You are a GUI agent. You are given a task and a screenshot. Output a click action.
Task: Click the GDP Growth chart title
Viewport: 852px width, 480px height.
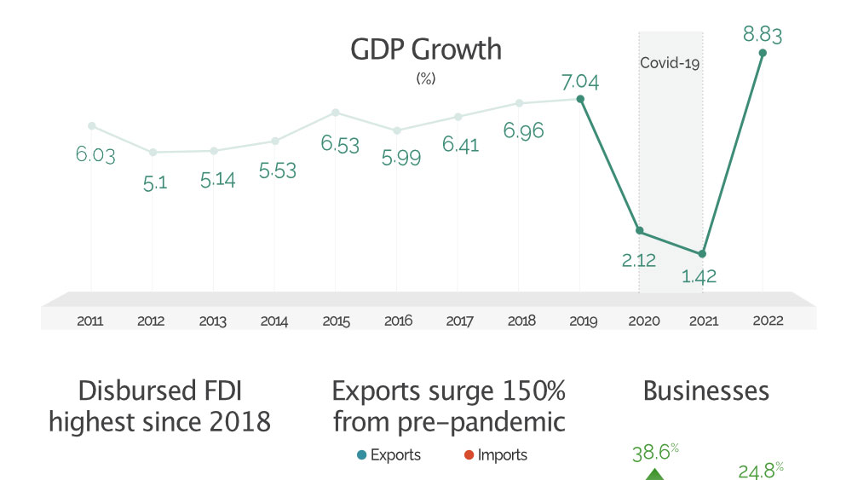(426, 49)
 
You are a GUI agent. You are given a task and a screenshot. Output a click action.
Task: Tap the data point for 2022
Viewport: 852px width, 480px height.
(763, 53)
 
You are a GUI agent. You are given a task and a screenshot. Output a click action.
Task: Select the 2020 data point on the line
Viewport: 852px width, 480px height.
(640, 231)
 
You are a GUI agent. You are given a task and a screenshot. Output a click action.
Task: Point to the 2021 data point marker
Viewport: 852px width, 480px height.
(702, 254)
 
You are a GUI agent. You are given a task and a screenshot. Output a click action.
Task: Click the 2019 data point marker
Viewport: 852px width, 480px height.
(580, 99)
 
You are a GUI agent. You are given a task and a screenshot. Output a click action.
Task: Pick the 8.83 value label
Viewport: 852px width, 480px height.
(763, 35)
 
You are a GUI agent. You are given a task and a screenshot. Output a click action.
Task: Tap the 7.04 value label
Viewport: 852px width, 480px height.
(580, 82)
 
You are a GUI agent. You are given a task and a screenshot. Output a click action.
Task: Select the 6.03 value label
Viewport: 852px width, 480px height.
(95, 155)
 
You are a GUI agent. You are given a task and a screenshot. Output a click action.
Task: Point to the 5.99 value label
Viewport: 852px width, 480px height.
(401, 157)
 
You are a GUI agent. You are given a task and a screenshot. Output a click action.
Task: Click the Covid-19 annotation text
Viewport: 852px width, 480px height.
(671, 62)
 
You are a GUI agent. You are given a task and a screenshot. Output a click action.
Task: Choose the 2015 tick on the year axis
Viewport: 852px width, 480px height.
(336, 321)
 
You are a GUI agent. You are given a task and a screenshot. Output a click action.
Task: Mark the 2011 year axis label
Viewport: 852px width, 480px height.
(90, 321)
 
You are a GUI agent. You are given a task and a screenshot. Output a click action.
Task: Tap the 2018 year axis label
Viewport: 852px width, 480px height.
(521, 321)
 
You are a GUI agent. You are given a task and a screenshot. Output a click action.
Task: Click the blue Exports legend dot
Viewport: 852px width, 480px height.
(361, 455)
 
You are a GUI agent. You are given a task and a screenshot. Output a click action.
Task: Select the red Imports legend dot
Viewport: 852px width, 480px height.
(468, 455)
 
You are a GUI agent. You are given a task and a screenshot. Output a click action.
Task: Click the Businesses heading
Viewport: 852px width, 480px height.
(705, 391)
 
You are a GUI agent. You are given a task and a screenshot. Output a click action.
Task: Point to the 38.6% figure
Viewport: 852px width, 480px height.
(654, 453)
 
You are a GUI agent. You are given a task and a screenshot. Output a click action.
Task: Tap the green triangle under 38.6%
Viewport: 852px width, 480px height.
(654, 474)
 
